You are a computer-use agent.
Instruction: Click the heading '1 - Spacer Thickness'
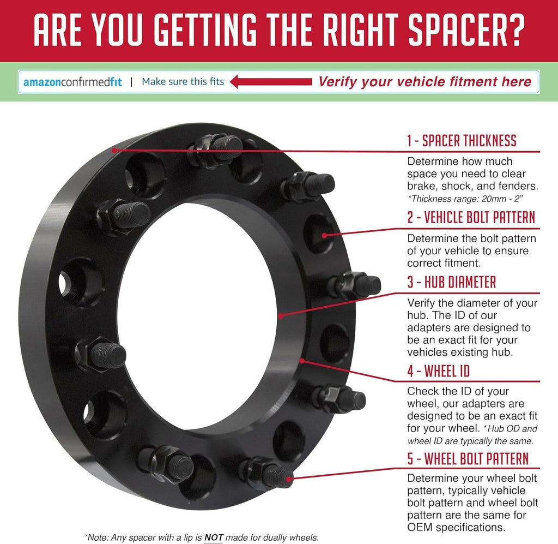click(462, 141)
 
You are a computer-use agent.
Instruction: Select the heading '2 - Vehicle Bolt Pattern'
click(471, 217)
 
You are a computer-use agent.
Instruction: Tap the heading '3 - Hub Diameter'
click(452, 282)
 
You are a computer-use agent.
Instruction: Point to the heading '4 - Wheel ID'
click(439, 371)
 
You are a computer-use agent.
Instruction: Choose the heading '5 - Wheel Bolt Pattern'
click(468, 458)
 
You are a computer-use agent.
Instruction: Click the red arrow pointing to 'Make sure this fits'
click(271, 82)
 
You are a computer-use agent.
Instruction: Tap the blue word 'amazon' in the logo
click(42, 82)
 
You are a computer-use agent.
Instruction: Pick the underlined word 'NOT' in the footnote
click(214, 537)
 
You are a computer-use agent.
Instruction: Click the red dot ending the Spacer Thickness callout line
click(114, 151)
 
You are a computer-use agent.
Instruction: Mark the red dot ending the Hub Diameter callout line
click(281, 316)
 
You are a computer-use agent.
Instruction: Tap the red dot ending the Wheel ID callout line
click(302, 361)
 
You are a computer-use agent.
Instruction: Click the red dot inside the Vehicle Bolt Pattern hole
click(324, 235)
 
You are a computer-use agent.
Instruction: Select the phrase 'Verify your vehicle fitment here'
click(424, 82)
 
